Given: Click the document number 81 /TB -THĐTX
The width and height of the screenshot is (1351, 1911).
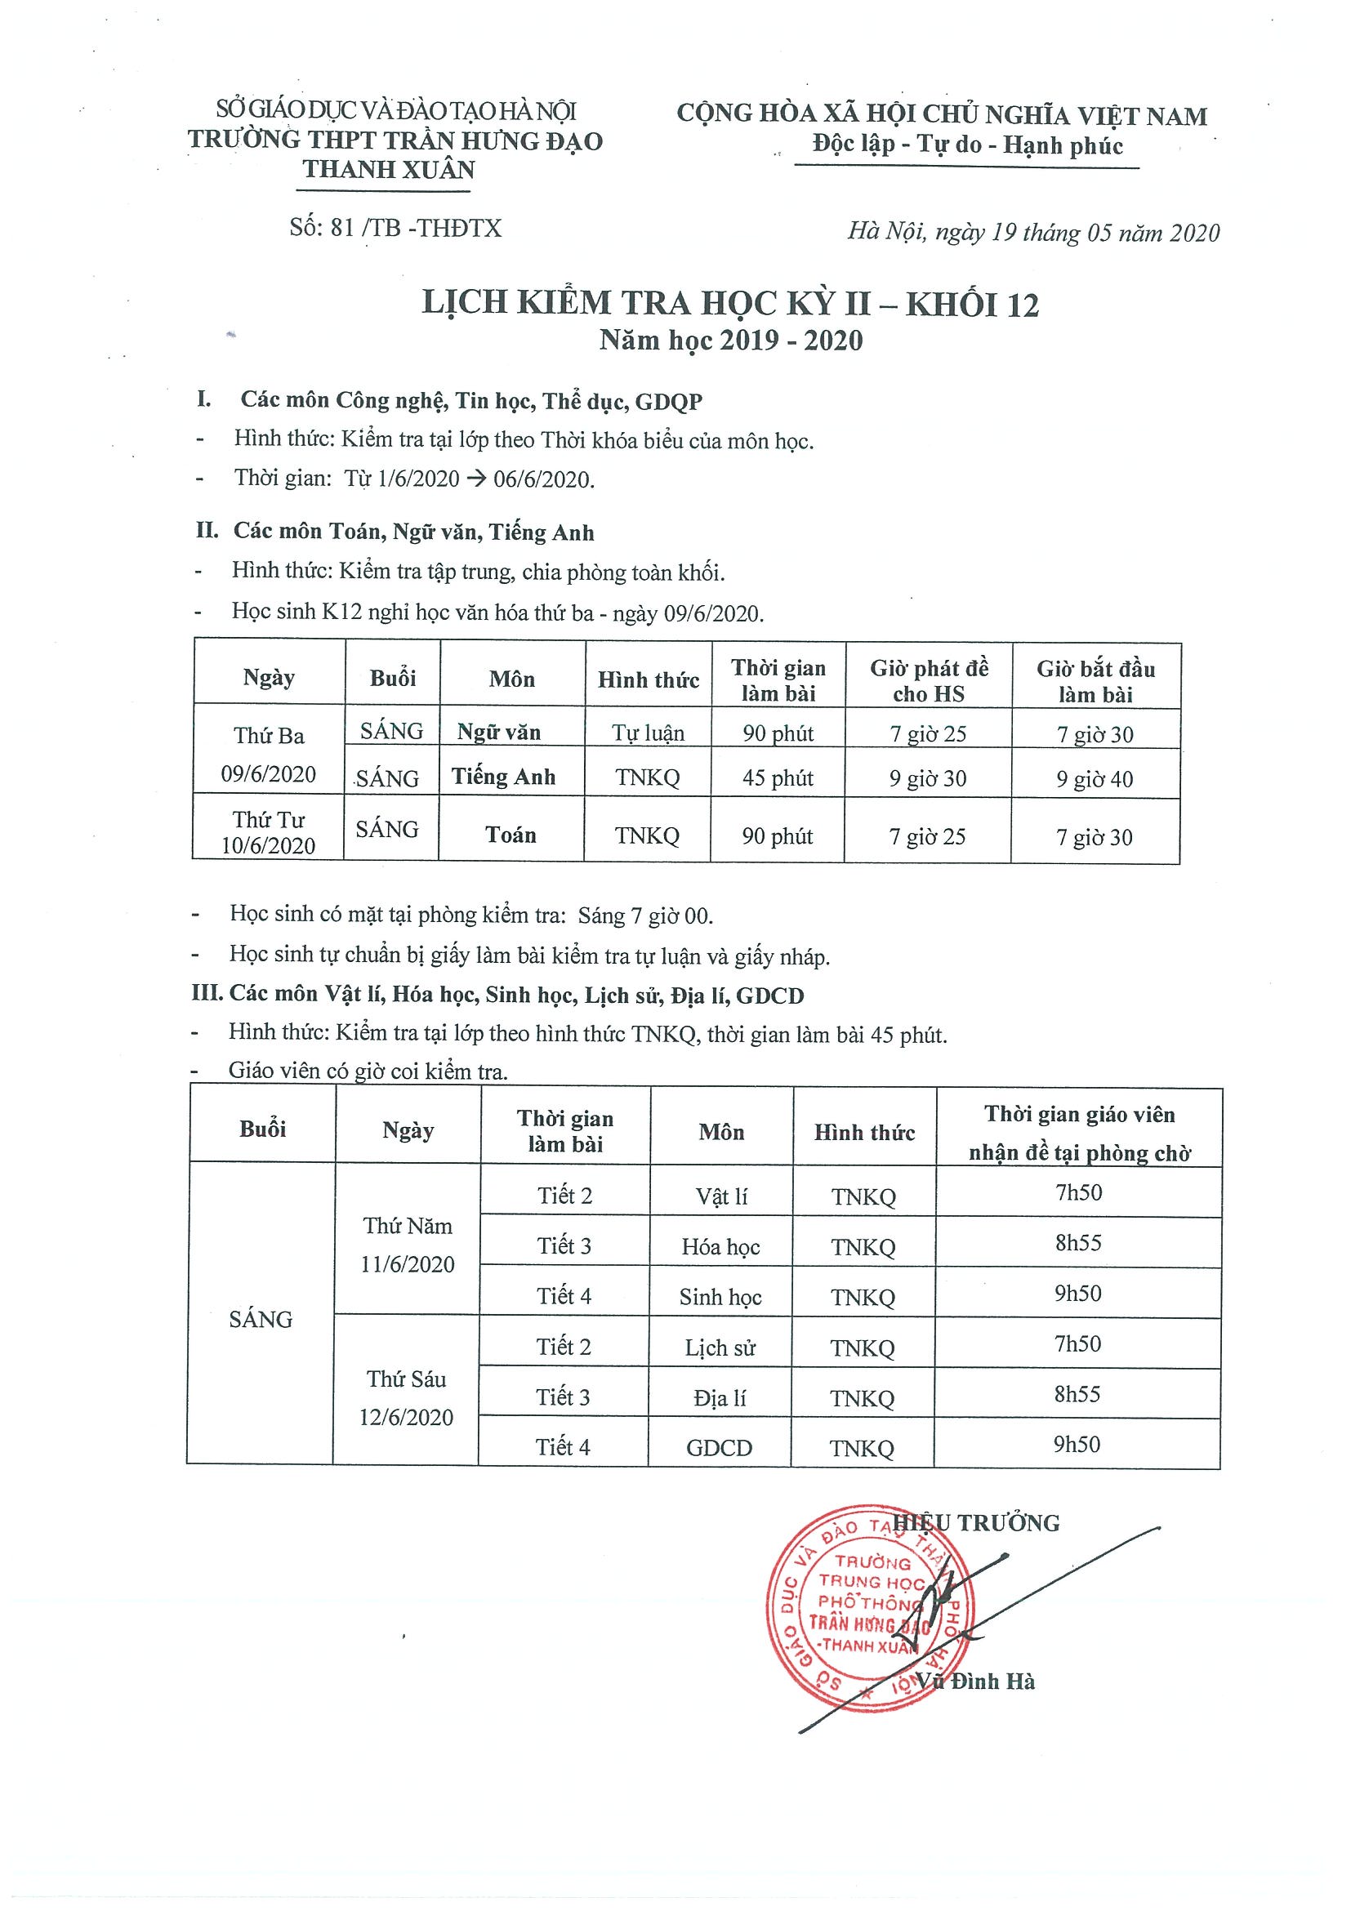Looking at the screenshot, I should click(396, 228).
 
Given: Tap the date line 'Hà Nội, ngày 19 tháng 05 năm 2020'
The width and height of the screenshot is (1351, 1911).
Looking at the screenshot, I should click(1033, 232).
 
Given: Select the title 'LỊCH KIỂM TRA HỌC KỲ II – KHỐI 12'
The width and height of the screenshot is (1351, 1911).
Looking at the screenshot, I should click(730, 304).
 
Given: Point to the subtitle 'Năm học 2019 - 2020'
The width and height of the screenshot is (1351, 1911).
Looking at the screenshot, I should click(731, 341).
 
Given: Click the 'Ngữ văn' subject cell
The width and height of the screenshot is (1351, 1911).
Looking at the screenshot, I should click(498, 733).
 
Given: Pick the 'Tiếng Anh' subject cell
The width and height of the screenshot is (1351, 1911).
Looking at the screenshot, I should click(503, 777).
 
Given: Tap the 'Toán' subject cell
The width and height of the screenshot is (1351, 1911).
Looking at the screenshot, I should click(511, 835).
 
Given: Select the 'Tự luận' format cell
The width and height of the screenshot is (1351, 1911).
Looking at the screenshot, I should click(648, 733).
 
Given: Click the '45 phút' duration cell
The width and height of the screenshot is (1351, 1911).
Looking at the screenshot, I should click(778, 778).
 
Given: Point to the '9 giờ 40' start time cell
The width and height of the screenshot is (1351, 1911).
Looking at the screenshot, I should click(1094, 779).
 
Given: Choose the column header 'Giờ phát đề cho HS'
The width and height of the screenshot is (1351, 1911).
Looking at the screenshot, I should click(928, 681).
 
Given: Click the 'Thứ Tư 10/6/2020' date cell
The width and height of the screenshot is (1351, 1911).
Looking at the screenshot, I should click(268, 832).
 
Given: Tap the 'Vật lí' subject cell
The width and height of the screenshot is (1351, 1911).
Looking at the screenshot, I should click(721, 1196).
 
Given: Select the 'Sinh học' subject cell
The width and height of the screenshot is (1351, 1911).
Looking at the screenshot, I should click(720, 1297).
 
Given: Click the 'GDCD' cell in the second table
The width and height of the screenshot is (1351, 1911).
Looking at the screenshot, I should click(720, 1447).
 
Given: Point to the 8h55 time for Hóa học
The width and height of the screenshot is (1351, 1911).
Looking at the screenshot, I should click(1078, 1243).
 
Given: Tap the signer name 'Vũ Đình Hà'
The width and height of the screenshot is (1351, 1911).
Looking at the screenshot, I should click(975, 1682).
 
